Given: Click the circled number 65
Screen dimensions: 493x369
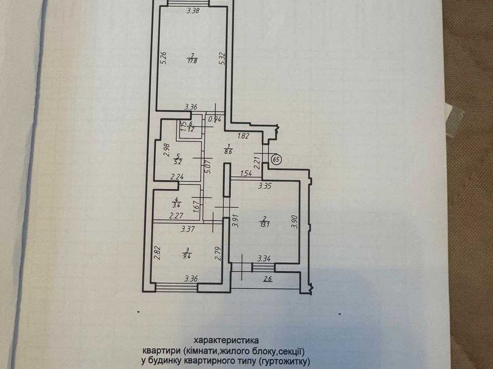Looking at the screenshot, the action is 276,159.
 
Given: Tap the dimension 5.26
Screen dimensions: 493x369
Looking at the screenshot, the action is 164,58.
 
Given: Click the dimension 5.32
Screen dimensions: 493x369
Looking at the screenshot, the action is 222,59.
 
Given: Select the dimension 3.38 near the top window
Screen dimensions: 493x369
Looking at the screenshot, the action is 193,11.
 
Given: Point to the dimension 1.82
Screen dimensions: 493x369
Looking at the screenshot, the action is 243,136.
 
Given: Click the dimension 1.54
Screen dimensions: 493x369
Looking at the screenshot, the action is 246,173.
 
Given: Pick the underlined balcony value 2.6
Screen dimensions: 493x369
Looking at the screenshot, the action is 268,279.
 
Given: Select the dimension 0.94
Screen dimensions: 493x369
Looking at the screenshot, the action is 215,119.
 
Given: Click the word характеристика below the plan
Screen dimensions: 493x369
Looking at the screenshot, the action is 226,341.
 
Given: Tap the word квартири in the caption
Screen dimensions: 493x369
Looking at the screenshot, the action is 162,351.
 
